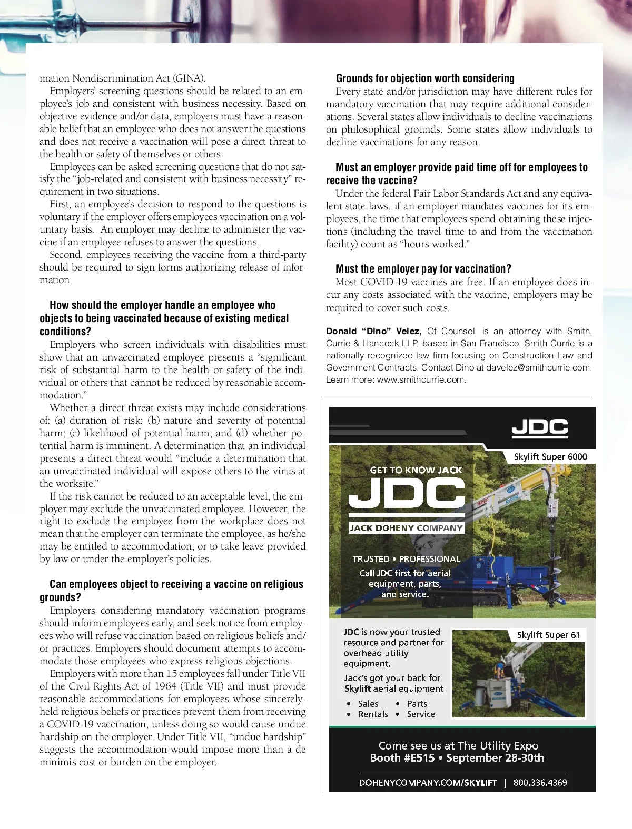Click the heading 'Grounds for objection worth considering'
point(425,78)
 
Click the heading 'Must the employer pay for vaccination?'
point(423,269)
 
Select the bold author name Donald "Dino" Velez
point(373,332)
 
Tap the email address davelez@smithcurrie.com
point(538,367)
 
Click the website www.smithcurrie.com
point(421,379)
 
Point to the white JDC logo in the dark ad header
point(539,428)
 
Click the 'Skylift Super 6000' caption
point(550,456)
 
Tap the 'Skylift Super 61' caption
point(548,635)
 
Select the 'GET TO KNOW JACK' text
point(416,470)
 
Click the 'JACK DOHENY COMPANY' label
point(406,528)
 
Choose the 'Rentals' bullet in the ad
point(372,714)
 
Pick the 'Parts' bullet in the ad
point(417,704)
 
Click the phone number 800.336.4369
point(540,783)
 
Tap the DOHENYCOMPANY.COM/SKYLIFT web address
point(428,783)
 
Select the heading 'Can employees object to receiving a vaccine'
point(176,584)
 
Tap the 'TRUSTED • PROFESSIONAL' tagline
point(406,559)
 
